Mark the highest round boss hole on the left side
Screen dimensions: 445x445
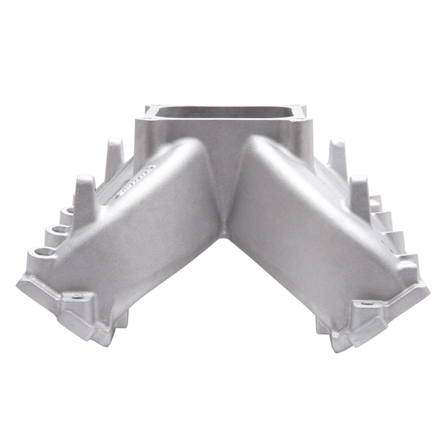pos(68,211)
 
